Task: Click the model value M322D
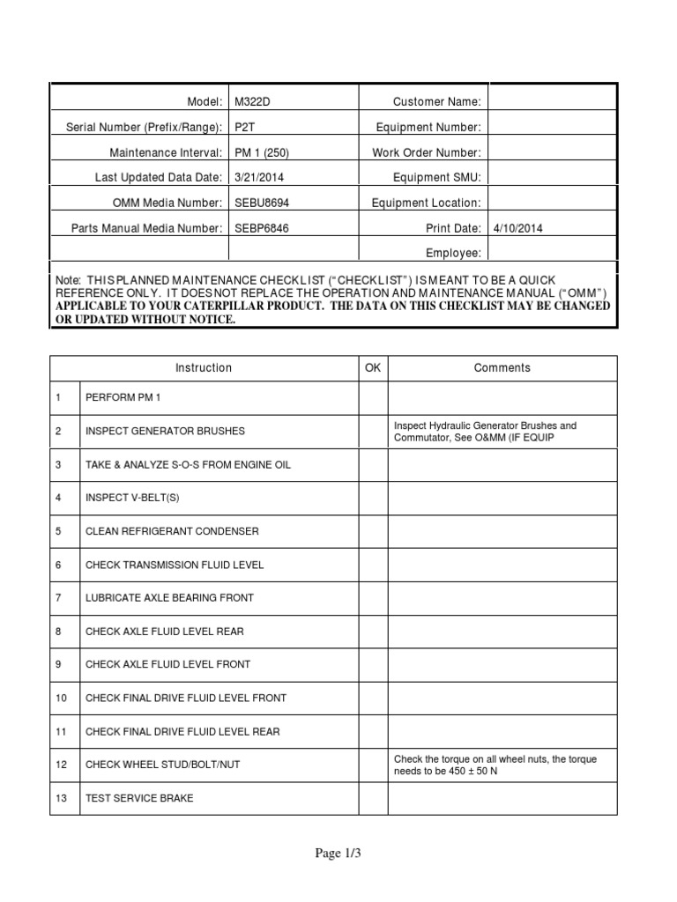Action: point(252,102)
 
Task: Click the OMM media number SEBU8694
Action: point(261,203)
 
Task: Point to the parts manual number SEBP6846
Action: point(261,228)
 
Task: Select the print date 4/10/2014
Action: point(518,228)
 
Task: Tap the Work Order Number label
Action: point(427,152)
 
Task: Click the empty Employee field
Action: point(553,253)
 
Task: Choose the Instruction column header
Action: point(204,368)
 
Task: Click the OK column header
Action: point(373,368)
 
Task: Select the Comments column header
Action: point(502,368)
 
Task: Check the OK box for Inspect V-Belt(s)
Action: point(373,498)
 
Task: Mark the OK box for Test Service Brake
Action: point(373,798)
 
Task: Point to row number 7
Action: point(58,598)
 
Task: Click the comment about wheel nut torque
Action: point(495,765)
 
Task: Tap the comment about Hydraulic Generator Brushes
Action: point(485,432)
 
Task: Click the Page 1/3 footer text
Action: point(338,853)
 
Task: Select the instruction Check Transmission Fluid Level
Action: point(174,565)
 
